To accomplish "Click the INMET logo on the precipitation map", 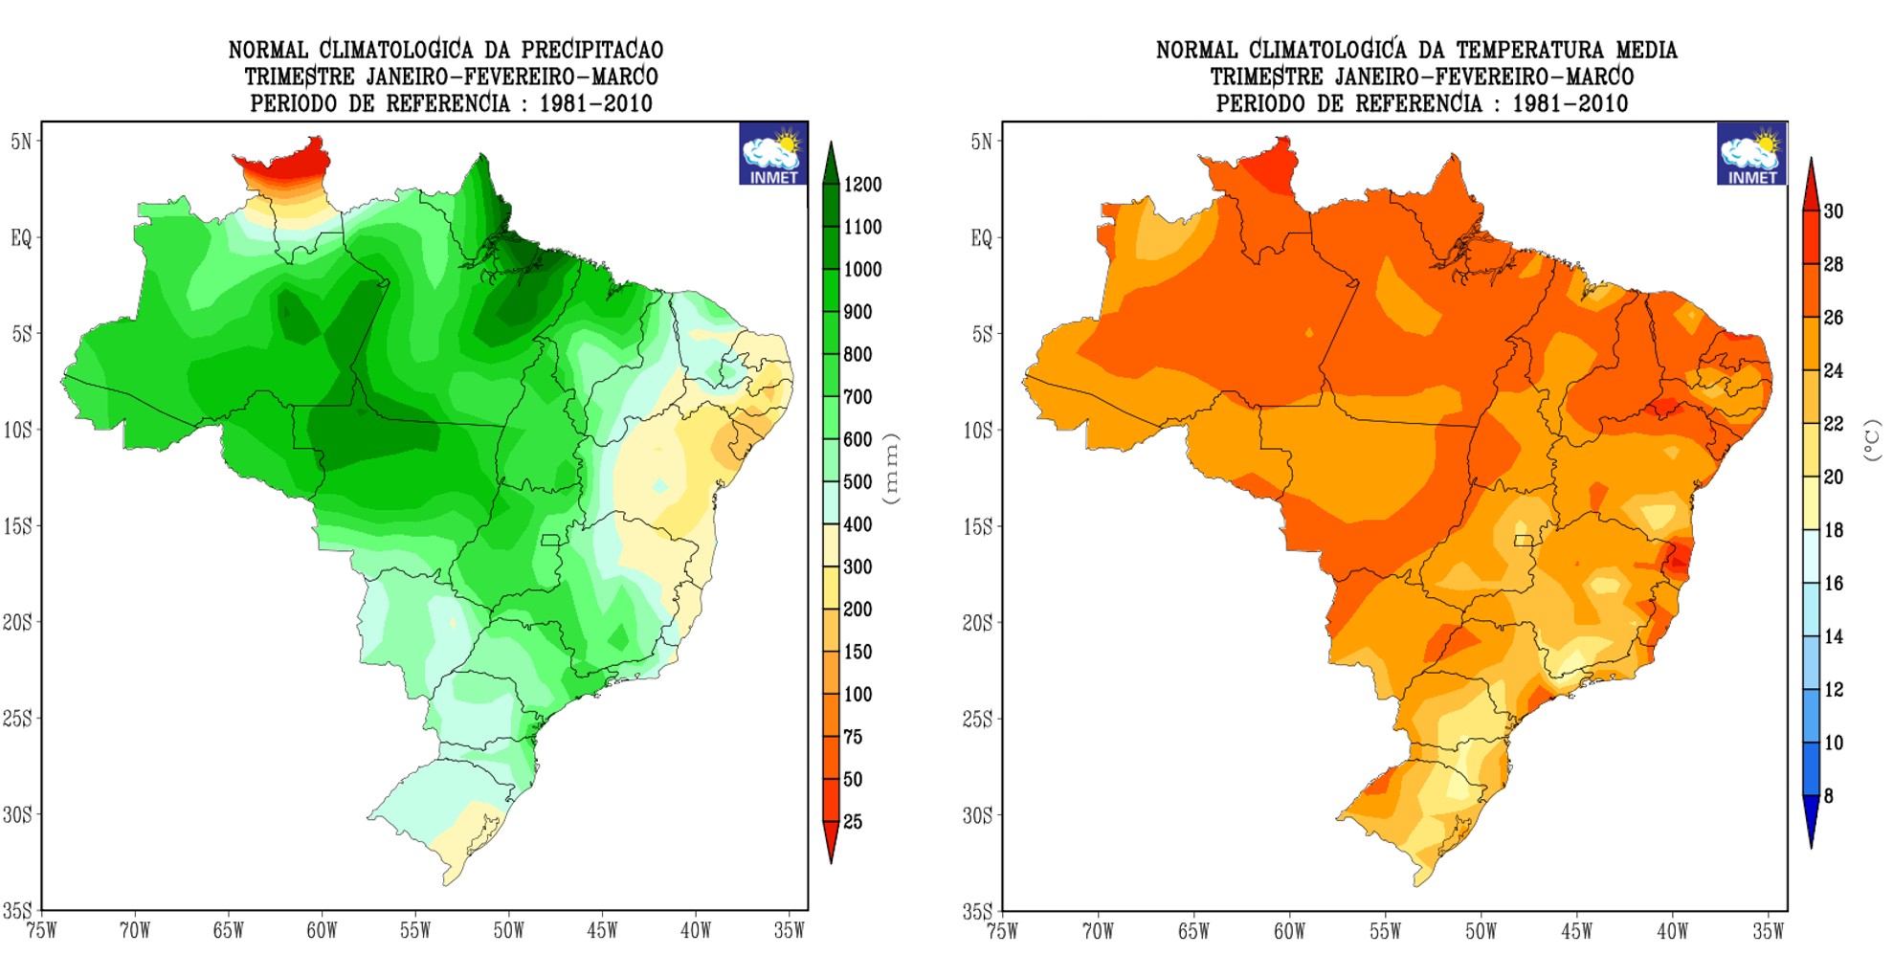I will [772, 154].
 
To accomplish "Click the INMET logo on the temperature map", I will [1750, 154].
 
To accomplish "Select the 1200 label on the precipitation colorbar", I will [862, 185].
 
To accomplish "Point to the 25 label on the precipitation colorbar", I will [852, 822].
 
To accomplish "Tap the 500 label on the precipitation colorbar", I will [857, 482].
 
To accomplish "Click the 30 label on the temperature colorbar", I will [1833, 211].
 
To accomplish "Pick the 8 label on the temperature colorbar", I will [1828, 796].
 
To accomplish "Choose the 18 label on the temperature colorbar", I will [1833, 530].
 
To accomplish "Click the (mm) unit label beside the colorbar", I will [892, 469].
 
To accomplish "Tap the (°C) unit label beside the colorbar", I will [1872, 440].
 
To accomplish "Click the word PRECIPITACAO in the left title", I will [591, 50].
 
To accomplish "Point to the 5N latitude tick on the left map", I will [21, 142].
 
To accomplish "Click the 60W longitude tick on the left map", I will [322, 930].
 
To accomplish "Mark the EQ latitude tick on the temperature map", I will [981, 238].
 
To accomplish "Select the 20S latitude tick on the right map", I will [977, 623].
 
